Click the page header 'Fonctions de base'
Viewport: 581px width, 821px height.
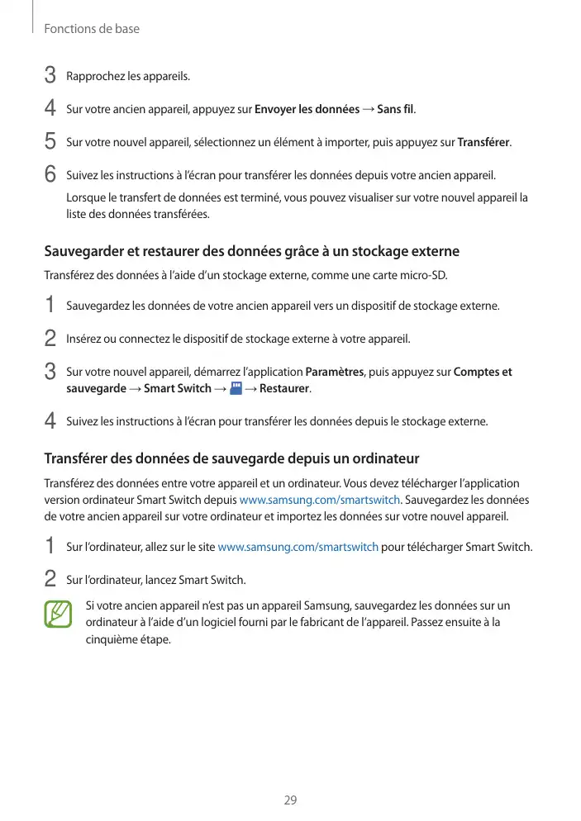pos(92,29)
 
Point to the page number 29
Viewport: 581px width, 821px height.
pos(290,800)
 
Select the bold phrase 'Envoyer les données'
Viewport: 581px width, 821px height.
pos(307,110)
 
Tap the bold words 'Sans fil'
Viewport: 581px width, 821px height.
pos(397,110)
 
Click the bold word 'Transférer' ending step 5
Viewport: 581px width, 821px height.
pos(483,143)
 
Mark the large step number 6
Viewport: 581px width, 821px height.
pos(50,175)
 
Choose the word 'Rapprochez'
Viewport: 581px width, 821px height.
pos(94,77)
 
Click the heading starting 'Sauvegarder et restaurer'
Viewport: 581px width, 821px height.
pos(251,250)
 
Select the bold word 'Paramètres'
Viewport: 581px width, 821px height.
pos(335,373)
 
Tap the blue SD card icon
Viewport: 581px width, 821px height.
pos(236,388)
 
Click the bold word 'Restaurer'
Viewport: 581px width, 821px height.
pos(284,389)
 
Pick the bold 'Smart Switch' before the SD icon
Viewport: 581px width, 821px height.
pos(177,389)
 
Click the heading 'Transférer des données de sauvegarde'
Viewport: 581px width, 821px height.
pos(231,458)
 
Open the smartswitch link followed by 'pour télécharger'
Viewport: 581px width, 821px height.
pos(298,547)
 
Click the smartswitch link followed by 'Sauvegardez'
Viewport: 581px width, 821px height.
pos(319,500)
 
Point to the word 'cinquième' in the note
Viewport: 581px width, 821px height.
pos(112,639)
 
